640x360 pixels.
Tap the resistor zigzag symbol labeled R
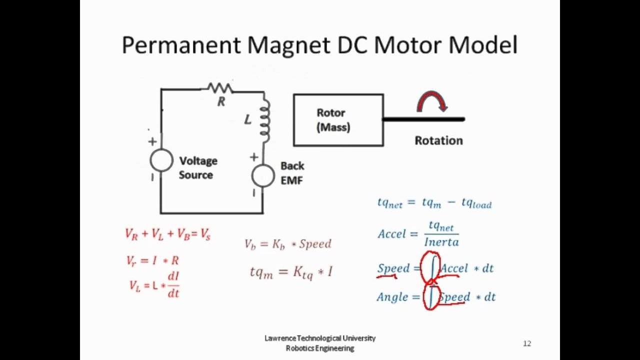click(x=220, y=88)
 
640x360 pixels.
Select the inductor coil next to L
click(x=265, y=120)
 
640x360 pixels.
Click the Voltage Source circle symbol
click(x=161, y=160)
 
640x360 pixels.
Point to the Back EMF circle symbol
click(x=263, y=175)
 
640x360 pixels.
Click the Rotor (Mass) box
click(x=338, y=120)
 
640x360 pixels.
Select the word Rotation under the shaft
click(x=438, y=140)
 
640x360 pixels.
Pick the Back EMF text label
click(x=292, y=173)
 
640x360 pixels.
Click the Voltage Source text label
click(x=198, y=168)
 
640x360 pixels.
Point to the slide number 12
click(x=527, y=343)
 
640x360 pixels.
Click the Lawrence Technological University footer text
click(x=320, y=338)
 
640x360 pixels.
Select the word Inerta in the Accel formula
click(x=441, y=242)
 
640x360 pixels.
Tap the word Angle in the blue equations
click(x=392, y=297)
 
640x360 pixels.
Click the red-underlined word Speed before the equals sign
click(x=393, y=268)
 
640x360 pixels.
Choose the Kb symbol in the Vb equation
click(x=279, y=244)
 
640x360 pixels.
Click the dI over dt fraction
click(x=173, y=285)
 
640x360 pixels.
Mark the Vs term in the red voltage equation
click(x=205, y=234)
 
